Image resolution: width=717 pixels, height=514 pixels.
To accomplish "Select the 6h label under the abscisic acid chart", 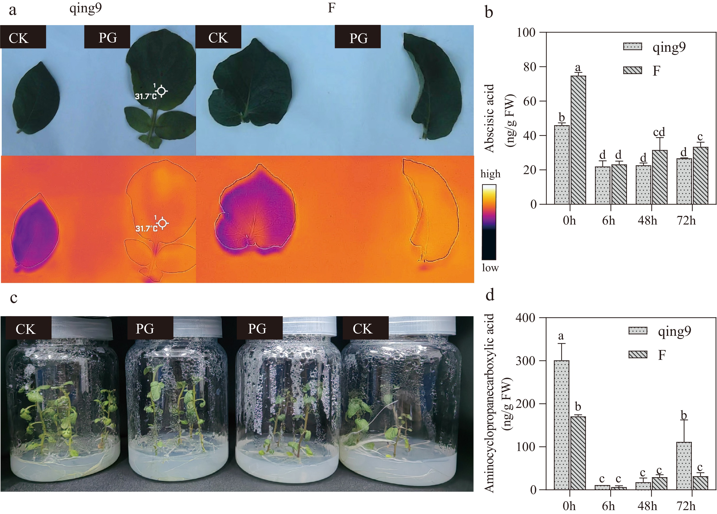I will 609,221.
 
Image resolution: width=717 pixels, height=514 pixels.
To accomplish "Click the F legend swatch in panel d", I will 638,355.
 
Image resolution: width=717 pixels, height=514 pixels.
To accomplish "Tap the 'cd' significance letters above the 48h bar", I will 659,132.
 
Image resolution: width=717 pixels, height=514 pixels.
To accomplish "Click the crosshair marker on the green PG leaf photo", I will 162,91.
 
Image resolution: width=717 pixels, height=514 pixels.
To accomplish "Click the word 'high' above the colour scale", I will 490,174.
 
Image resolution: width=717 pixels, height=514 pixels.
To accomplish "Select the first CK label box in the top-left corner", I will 23,37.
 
